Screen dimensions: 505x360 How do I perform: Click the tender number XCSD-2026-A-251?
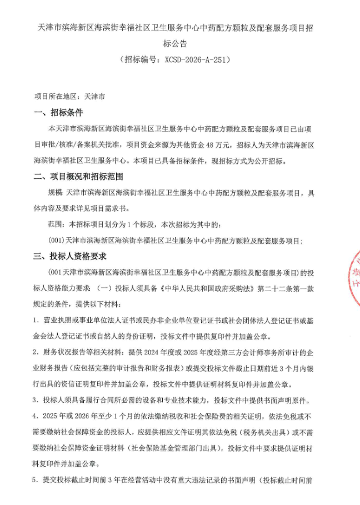tap(193, 58)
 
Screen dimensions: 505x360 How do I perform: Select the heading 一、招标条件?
tap(58, 113)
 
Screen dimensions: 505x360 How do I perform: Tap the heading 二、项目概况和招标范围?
tap(78, 177)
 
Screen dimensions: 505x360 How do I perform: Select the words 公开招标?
tap(269, 161)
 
